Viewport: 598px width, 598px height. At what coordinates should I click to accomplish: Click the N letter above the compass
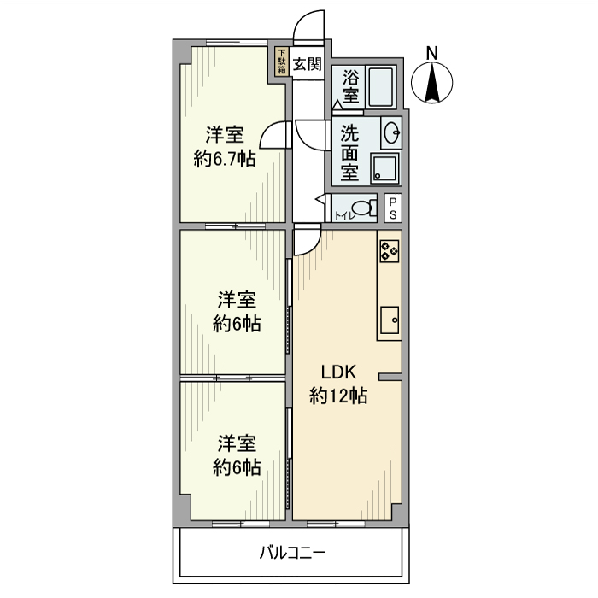(433, 52)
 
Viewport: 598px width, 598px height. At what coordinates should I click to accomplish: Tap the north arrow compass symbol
(433, 84)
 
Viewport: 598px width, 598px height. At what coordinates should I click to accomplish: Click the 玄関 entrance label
(307, 62)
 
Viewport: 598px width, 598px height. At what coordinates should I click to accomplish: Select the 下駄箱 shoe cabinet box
(281, 62)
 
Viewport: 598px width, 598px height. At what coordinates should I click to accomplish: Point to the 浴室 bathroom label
(350, 86)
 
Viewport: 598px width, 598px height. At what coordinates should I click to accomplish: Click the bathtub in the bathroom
(379, 86)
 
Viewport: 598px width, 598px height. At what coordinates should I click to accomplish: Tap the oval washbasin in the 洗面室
(392, 133)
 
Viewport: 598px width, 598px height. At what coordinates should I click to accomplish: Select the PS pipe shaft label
(392, 208)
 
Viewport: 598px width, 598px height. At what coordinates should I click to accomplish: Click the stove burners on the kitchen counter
(390, 249)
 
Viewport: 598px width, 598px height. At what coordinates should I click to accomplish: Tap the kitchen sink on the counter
(390, 321)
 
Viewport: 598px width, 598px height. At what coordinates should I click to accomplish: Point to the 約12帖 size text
(338, 396)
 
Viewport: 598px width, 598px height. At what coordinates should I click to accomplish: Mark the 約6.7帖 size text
(224, 158)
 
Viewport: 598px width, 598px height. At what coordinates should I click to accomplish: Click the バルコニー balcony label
(292, 553)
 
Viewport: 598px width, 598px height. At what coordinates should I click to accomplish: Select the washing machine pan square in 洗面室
(384, 167)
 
